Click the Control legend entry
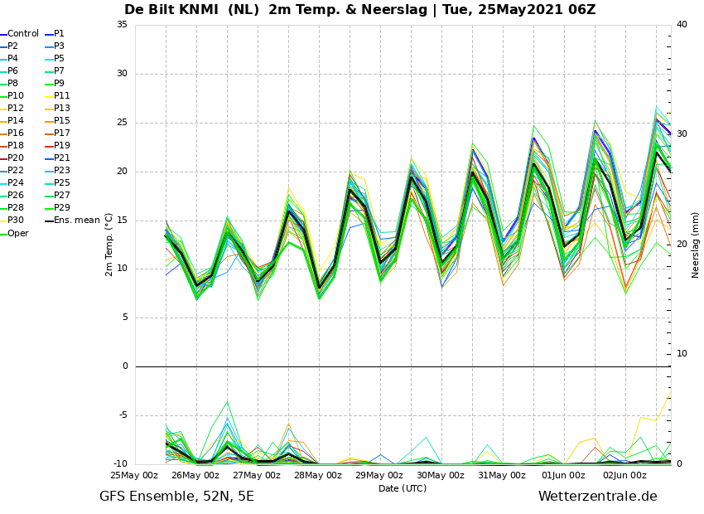click(19, 34)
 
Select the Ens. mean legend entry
click(72, 221)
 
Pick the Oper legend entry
click(14, 233)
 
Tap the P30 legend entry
click(12, 221)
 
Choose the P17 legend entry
click(55, 133)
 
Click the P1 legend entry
click(55, 34)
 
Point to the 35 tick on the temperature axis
click(122, 25)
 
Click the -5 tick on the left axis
click(123, 415)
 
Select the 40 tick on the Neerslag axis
click(682, 25)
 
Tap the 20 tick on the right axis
click(682, 244)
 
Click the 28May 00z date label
click(318, 475)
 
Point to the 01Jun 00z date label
click(563, 475)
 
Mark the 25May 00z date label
click(134, 475)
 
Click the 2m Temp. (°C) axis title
click(108, 245)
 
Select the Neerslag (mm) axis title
click(695, 245)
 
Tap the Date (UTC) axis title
click(403, 488)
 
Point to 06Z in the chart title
click(581, 9)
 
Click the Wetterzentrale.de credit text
click(598, 497)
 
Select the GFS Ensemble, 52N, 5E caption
click(176, 497)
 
